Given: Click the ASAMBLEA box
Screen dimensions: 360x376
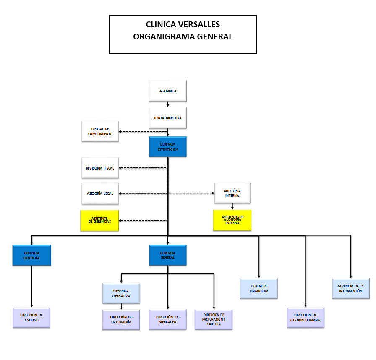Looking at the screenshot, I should click(x=168, y=91).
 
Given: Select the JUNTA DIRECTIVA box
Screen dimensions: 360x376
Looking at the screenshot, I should click(x=168, y=118).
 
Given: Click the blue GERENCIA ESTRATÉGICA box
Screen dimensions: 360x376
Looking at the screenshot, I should click(x=168, y=147).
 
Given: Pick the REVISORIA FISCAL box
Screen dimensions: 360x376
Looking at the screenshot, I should click(x=100, y=168).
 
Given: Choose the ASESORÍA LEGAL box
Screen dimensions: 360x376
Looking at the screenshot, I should click(x=100, y=193).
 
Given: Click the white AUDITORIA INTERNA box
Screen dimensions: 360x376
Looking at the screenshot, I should click(x=232, y=193).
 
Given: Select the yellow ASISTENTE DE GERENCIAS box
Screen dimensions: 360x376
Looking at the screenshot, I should click(x=100, y=220).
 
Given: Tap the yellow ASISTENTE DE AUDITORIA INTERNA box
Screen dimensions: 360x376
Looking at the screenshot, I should click(x=232, y=220).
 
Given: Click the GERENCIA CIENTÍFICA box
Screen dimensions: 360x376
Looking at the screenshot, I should click(x=31, y=256).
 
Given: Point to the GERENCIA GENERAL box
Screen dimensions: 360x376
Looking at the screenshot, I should click(x=168, y=256).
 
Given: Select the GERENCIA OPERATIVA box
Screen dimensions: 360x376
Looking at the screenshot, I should click(x=121, y=293).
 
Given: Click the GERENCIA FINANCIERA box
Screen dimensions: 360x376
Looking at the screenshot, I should click(x=259, y=288).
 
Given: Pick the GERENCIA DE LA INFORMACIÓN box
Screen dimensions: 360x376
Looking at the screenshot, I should click(x=351, y=288).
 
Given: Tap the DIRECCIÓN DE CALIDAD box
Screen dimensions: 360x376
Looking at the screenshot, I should click(x=31, y=317).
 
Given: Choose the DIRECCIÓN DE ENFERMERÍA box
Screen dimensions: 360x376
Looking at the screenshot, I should click(x=121, y=320).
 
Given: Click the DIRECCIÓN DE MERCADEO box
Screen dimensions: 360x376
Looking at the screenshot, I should click(x=168, y=319).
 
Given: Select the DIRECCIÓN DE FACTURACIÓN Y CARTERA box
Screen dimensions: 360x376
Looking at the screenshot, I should click(x=214, y=319).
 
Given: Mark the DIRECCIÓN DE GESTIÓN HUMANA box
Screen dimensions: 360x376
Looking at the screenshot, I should click(x=305, y=317).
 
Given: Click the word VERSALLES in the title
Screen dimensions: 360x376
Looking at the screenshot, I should click(x=200, y=25).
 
